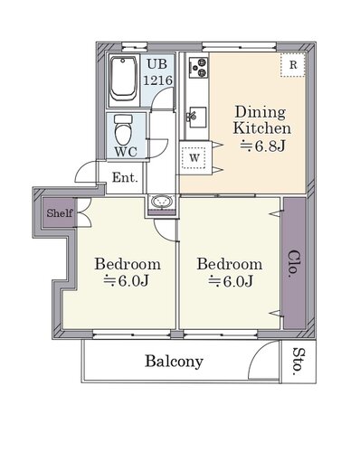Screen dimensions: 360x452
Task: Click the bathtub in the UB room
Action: click(x=124, y=80)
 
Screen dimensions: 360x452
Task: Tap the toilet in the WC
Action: click(x=124, y=129)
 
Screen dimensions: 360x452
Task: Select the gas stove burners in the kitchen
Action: click(x=198, y=67)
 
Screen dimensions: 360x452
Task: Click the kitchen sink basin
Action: click(x=198, y=117)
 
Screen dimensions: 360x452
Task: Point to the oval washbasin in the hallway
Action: click(x=162, y=202)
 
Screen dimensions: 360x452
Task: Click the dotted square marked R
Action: click(x=293, y=65)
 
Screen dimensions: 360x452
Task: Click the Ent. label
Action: click(x=125, y=177)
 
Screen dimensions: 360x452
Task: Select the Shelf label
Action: click(x=60, y=213)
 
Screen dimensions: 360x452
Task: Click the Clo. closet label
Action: click(x=294, y=264)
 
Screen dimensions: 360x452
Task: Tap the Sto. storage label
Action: click(x=298, y=362)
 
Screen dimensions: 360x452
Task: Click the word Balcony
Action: click(x=175, y=362)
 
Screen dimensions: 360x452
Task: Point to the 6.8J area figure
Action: click(x=262, y=146)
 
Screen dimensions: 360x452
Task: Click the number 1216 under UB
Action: click(x=157, y=80)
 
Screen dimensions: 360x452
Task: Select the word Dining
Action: click(x=261, y=112)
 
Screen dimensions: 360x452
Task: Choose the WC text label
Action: click(x=127, y=152)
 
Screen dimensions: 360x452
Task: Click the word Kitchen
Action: click(x=262, y=128)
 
